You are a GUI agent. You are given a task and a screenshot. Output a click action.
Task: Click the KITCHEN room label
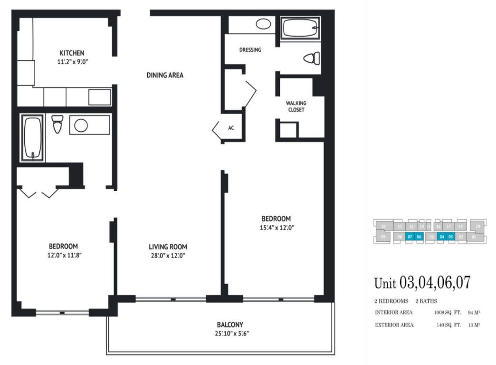[x=72, y=53]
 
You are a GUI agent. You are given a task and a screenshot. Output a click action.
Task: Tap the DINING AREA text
[x=165, y=75]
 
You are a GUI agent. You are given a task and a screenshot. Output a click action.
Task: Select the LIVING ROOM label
[x=168, y=247]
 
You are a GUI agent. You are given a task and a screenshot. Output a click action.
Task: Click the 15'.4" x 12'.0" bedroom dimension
[x=276, y=227]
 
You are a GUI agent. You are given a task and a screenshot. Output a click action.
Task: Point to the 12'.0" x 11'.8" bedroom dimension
[x=63, y=255]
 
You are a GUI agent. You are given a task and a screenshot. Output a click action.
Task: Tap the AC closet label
[x=231, y=128]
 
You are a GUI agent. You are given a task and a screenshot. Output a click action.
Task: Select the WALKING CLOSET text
[x=296, y=106]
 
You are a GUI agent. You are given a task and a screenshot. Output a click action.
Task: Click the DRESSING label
[x=250, y=49]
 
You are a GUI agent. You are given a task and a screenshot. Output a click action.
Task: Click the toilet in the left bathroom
[x=57, y=124]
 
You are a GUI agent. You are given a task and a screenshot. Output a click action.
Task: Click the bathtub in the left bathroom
[x=32, y=137]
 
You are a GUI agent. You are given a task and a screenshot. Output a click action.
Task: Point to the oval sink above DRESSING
[x=263, y=24]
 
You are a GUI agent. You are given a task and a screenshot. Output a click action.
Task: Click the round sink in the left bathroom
[x=81, y=125]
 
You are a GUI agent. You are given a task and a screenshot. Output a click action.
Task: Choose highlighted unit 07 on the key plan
[x=410, y=236]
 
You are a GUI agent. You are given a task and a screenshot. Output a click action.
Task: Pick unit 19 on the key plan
[x=478, y=226]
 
